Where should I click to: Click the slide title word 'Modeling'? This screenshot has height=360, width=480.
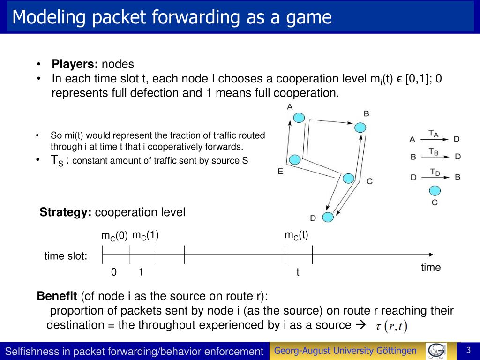pyautogui.click(x=49, y=18)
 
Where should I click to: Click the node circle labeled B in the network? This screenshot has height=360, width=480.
pyautogui.click(x=360, y=127)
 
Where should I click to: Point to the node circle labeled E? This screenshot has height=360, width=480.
pyautogui.click(x=294, y=160)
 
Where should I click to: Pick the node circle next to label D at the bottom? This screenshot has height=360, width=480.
pyautogui.click(x=328, y=217)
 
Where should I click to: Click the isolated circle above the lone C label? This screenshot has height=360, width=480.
pyautogui.click(x=435, y=191)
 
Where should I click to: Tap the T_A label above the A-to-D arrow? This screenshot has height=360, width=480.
pyautogui.click(x=434, y=134)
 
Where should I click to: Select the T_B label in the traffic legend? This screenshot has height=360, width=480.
pyautogui.click(x=434, y=151)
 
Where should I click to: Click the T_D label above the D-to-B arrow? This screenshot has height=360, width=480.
pyautogui.click(x=435, y=172)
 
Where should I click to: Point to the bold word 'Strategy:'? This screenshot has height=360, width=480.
pyautogui.click(x=66, y=212)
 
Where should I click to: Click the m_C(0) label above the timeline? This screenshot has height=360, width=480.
pyautogui.click(x=114, y=236)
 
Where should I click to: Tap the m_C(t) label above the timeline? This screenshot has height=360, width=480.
pyautogui.click(x=297, y=235)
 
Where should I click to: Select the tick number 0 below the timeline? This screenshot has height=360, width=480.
pyautogui.click(x=113, y=272)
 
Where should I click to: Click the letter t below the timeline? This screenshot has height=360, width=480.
pyautogui.click(x=298, y=272)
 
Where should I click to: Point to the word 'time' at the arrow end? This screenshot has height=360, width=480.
pyautogui.click(x=431, y=268)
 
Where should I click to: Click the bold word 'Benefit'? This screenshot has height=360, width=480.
pyautogui.click(x=57, y=296)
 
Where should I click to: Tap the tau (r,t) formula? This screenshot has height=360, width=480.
pyautogui.click(x=392, y=326)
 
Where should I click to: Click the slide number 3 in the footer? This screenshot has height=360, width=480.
pyautogui.click(x=468, y=351)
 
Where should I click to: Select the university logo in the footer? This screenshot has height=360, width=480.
pyautogui.click(x=436, y=351)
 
